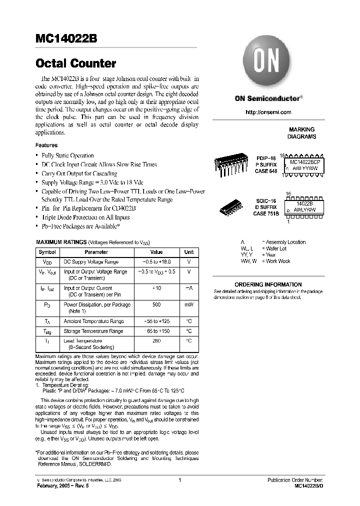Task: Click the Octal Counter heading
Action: coord(75,63)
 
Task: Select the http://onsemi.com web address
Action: coord(268,112)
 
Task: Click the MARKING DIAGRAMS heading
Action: coord(301,133)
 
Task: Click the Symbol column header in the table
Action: coord(47,252)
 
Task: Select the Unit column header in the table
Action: coord(189,252)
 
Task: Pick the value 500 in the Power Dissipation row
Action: coord(156,304)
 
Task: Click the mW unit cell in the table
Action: coord(189,304)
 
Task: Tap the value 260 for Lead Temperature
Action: coord(156,340)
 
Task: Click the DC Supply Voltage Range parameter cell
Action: coord(90,262)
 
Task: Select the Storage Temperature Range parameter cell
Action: coord(93,331)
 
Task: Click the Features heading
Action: coord(46,145)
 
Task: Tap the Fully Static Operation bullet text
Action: coord(67,155)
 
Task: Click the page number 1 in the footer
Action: coord(179,480)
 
